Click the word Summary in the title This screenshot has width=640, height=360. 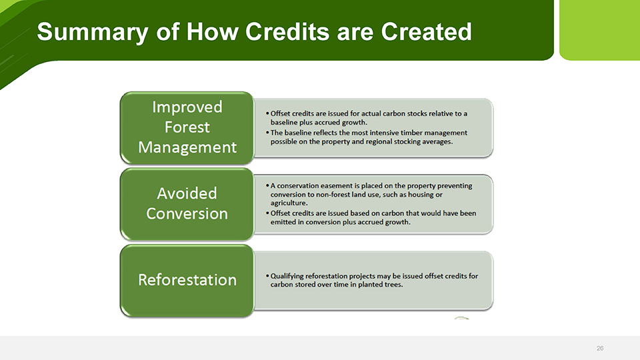93,32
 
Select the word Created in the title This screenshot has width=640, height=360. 426,31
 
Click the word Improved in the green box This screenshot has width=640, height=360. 187,107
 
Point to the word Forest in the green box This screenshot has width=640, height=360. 187,127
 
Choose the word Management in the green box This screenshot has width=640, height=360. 187,147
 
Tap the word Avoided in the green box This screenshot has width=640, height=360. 187,193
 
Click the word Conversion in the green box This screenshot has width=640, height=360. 187,213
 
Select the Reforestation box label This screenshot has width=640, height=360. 187,280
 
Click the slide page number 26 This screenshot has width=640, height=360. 599,348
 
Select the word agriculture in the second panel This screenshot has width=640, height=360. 289,203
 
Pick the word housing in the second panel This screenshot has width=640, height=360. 421,194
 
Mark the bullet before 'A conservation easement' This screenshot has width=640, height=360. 267,186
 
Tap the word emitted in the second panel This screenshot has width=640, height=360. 283,222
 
